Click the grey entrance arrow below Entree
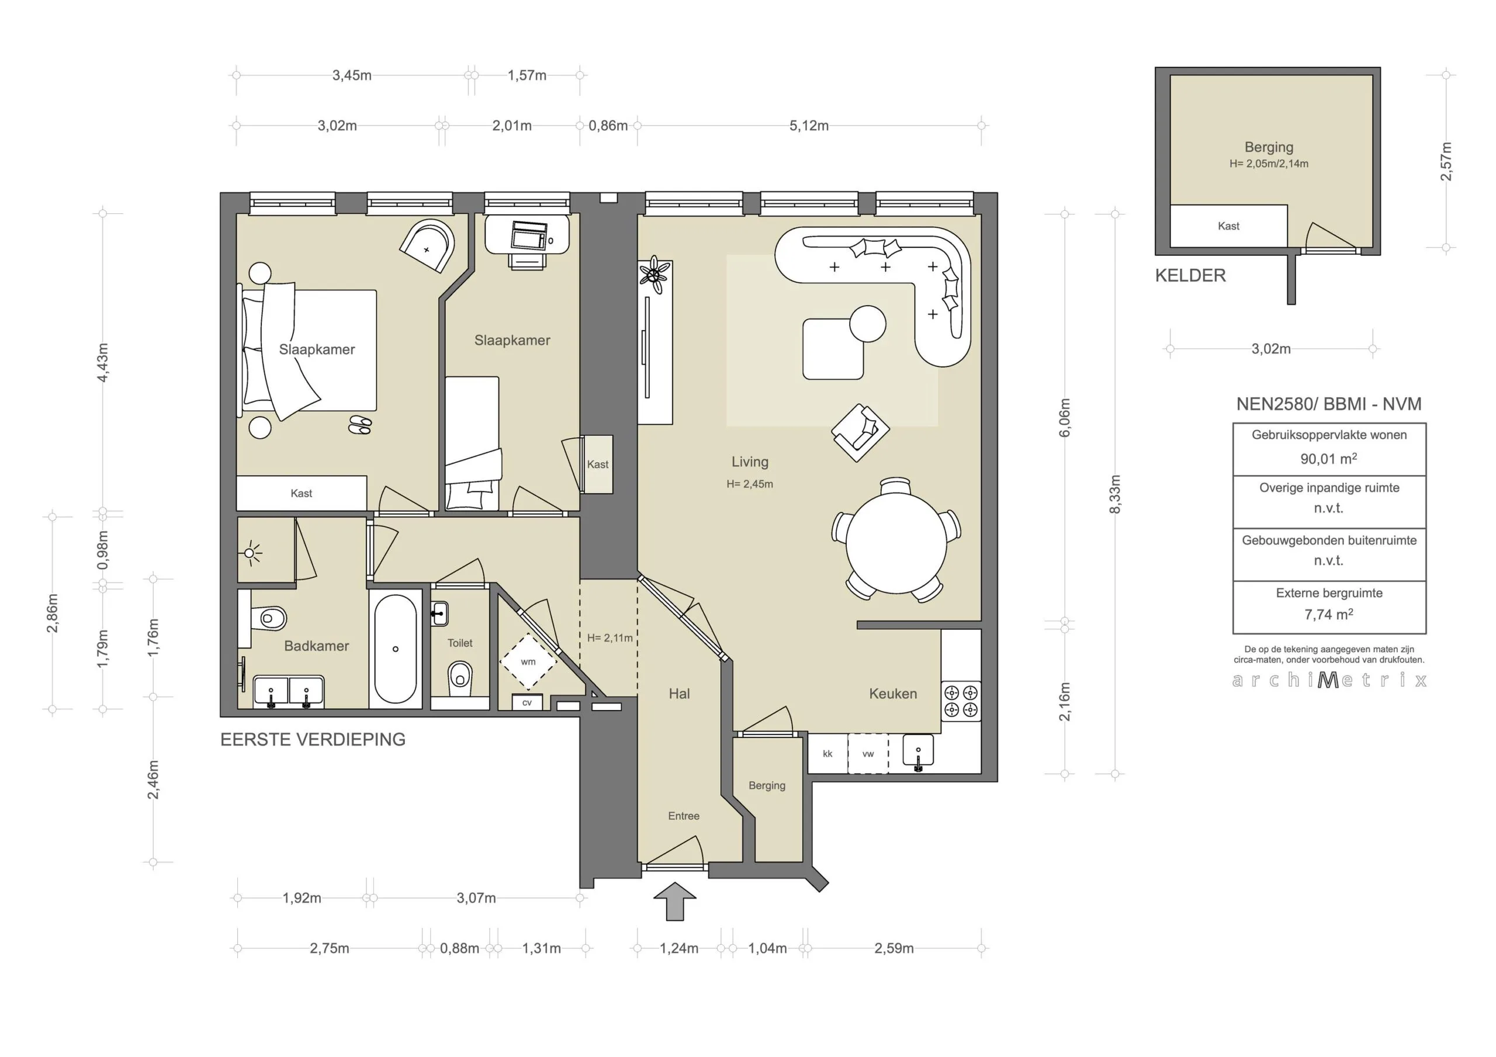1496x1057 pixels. tap(675, 902)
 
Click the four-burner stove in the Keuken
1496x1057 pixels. tap(961, 700)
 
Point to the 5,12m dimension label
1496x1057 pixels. tap(809, 126)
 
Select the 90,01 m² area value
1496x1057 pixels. tap(1328, 459)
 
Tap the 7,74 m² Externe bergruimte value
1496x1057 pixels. tap(1328, 615)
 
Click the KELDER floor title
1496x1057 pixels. tap(1190, 276)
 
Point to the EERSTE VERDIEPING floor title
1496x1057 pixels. tap(313, 740)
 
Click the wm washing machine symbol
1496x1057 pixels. tap(528, 661)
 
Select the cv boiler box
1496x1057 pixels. tap(527, 702)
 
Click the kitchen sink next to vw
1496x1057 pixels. tap(918, 751)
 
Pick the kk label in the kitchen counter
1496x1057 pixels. tap(827, 754)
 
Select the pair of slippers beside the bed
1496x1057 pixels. tap(359, 425)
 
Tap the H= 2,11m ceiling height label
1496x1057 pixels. tap(610, 638)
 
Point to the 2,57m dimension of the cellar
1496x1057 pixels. tap(1446, 162)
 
